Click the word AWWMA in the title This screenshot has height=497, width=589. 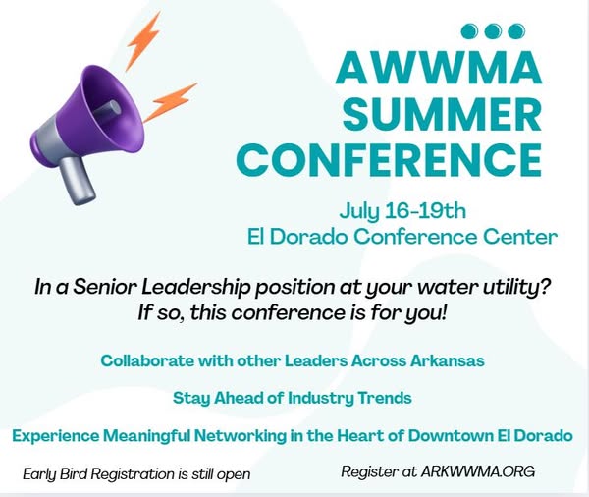coord(439,69)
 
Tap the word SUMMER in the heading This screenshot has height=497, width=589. coord(442,114)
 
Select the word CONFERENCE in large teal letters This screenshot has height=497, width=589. coord(389,159)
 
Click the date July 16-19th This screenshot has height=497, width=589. coord(402,211)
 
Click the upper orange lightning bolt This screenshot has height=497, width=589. coord(144,40)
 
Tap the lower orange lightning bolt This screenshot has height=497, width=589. coord(170,101)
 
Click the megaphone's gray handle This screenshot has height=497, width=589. coord(78,181)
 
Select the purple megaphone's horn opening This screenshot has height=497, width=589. coord(113,109)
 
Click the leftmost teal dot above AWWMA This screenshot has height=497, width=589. coord(469,31)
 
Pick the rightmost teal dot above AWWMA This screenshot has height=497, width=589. coord(516,31)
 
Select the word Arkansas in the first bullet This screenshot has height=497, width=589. coord(447,360)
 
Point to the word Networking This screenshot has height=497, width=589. coord(241,436)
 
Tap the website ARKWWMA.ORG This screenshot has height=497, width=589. coord(478,471)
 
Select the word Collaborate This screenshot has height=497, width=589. coord(147,360)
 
